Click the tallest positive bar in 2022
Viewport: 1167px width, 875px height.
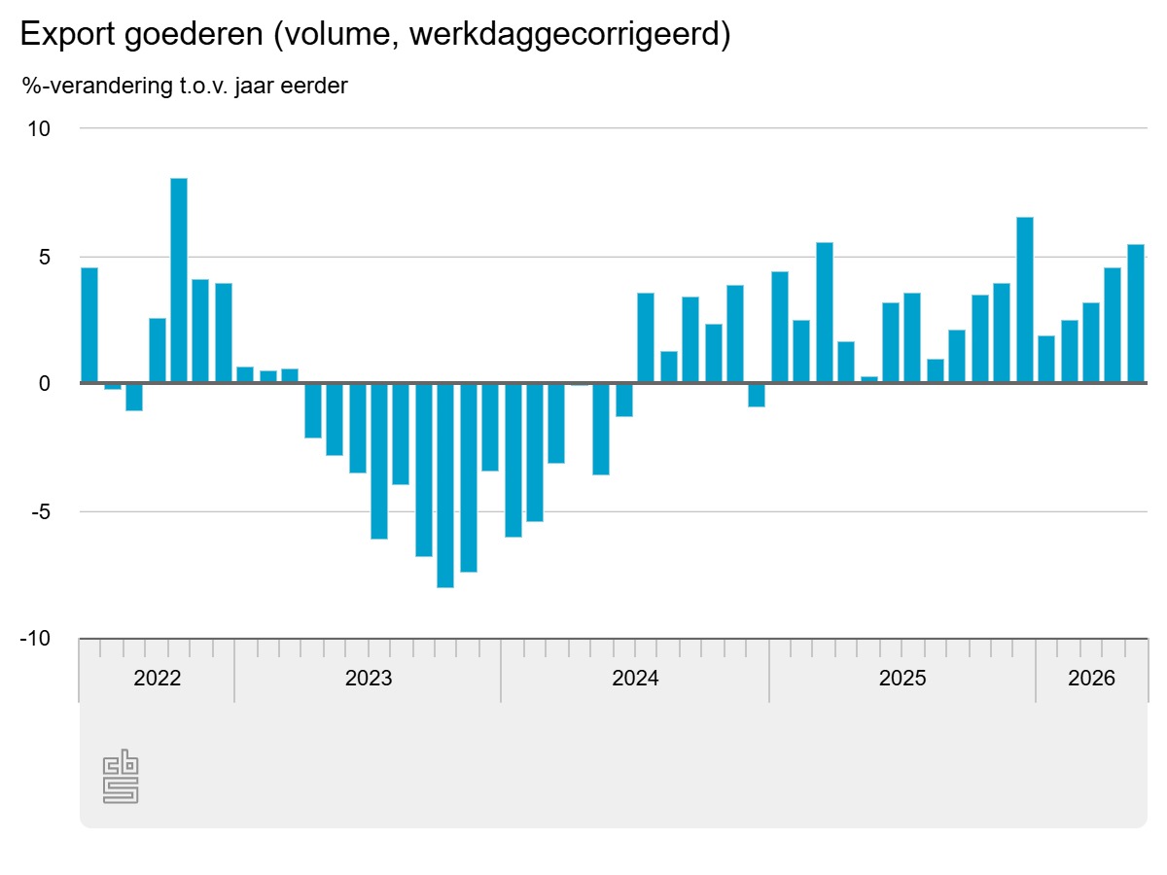179,280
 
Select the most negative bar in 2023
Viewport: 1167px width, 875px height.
445,485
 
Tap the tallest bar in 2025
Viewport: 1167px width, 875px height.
1024,299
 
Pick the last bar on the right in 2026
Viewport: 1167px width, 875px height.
1136,313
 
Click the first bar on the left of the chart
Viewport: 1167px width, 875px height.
89,325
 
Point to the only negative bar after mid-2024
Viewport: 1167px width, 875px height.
756,395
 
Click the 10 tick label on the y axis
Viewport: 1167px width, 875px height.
39,129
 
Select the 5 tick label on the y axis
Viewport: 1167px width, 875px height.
45,257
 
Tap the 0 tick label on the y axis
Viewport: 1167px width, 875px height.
45,383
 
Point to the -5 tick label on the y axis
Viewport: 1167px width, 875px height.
41,511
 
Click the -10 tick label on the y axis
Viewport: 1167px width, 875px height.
35,638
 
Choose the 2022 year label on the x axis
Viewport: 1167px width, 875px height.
157,678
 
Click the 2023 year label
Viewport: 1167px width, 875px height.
369,678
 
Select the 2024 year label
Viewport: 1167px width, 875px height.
635,678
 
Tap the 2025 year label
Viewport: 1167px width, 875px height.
902,678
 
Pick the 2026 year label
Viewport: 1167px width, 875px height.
1091,678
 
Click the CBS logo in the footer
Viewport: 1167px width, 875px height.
121,776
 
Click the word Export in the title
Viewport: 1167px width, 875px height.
67,35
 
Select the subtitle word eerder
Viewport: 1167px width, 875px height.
314,86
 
